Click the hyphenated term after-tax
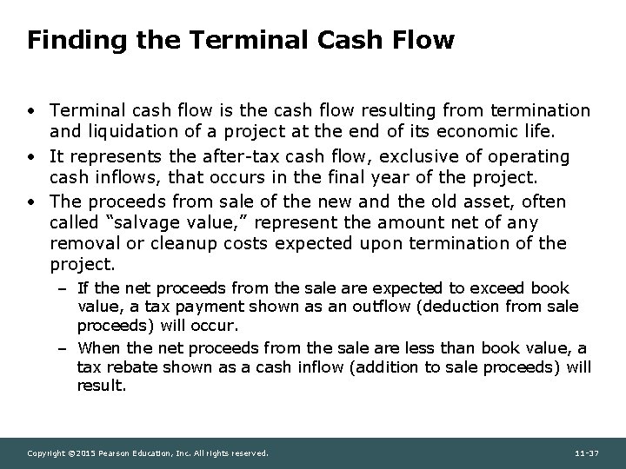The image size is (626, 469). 243,156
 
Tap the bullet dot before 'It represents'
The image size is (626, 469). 30,156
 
